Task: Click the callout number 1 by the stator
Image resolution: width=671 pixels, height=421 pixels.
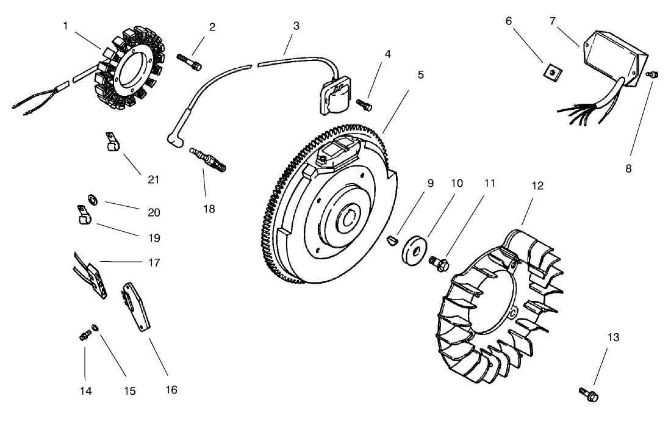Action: [x=65, y=26]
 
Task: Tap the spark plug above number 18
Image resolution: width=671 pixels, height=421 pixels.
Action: [x=207, y=159]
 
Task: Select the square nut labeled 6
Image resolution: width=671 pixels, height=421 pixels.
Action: [x=553, y=73]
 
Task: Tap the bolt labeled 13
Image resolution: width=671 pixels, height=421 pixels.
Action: [x=589, y=394]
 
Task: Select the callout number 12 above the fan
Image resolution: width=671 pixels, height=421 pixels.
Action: [x=537, y=185]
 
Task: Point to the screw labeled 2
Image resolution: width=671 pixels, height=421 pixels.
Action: [x=189, y=62]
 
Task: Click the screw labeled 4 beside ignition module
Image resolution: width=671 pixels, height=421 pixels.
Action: [x=364, y=105]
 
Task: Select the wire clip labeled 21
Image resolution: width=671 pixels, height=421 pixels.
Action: [x=113, y=142]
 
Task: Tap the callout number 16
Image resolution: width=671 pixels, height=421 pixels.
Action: [x=171, y=390]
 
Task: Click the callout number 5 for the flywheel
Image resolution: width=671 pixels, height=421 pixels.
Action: [x=421, y=75]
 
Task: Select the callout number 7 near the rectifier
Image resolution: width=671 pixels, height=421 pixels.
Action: [x=553, y=21]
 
